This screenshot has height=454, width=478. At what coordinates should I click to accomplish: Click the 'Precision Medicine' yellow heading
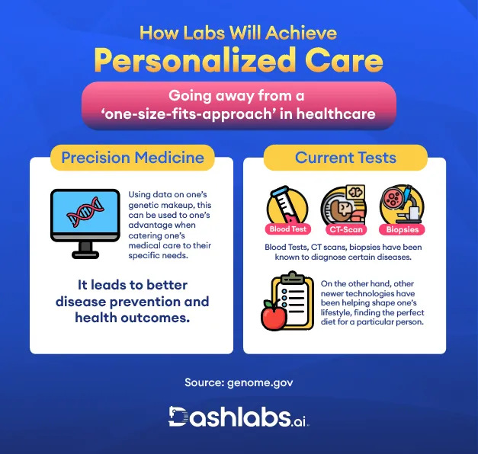(x=132, y=158)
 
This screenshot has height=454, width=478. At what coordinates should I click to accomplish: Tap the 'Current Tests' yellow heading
(x=345, y=158)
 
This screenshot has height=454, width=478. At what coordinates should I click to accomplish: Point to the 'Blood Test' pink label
(x=287, y=229)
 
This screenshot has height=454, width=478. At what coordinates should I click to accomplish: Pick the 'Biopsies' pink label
(x=401, y=229)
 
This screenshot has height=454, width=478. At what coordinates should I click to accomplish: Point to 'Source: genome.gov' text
(x=239, y=382)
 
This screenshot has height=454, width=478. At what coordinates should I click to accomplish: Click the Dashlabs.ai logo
(x=239, y=417)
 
